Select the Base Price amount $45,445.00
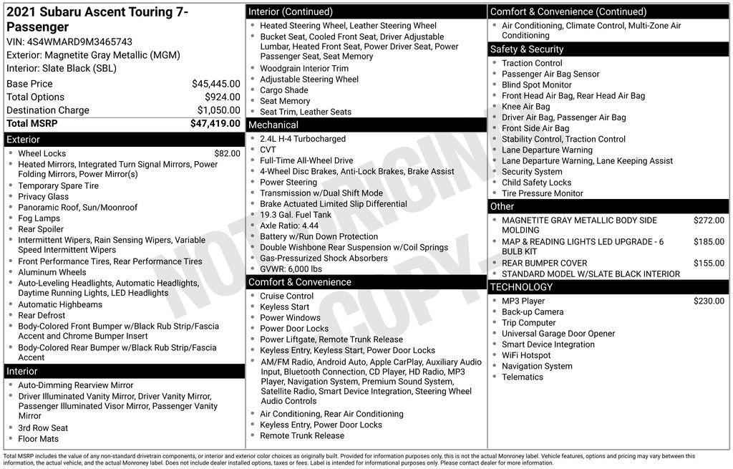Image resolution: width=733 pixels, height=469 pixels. click(x=215, y=84)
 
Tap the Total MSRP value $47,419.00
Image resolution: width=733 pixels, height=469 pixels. click(x=215, y=123)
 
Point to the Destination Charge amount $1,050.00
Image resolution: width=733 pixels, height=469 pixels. click(x=218, y=110)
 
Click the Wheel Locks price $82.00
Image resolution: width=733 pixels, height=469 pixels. click(x=227, y=153)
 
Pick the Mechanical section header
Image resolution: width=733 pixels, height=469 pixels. click(x=273, y=125)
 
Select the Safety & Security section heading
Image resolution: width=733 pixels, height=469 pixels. click(x=527, y=49)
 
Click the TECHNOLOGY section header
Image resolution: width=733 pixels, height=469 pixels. click(x=522, y=287)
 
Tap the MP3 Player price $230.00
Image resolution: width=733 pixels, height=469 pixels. click(x=709, y=301)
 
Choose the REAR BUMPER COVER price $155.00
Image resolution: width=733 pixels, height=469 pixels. click(x=709, y=263)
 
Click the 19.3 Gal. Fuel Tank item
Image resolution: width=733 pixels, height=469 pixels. click(x=296, y=215)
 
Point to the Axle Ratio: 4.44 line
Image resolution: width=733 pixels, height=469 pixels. click(x=289, y=226)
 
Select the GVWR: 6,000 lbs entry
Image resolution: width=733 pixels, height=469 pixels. click(x=291, y=269)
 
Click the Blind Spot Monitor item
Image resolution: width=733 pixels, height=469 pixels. click(x=537, y=84)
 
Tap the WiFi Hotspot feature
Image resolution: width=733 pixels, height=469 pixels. click(x=526, y=355)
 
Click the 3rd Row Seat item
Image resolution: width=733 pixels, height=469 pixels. click(x=43, y=428)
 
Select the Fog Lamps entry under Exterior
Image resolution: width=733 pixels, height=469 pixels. click(x=39, y=218)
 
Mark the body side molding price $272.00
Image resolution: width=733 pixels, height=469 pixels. click(x=709, y=221)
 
